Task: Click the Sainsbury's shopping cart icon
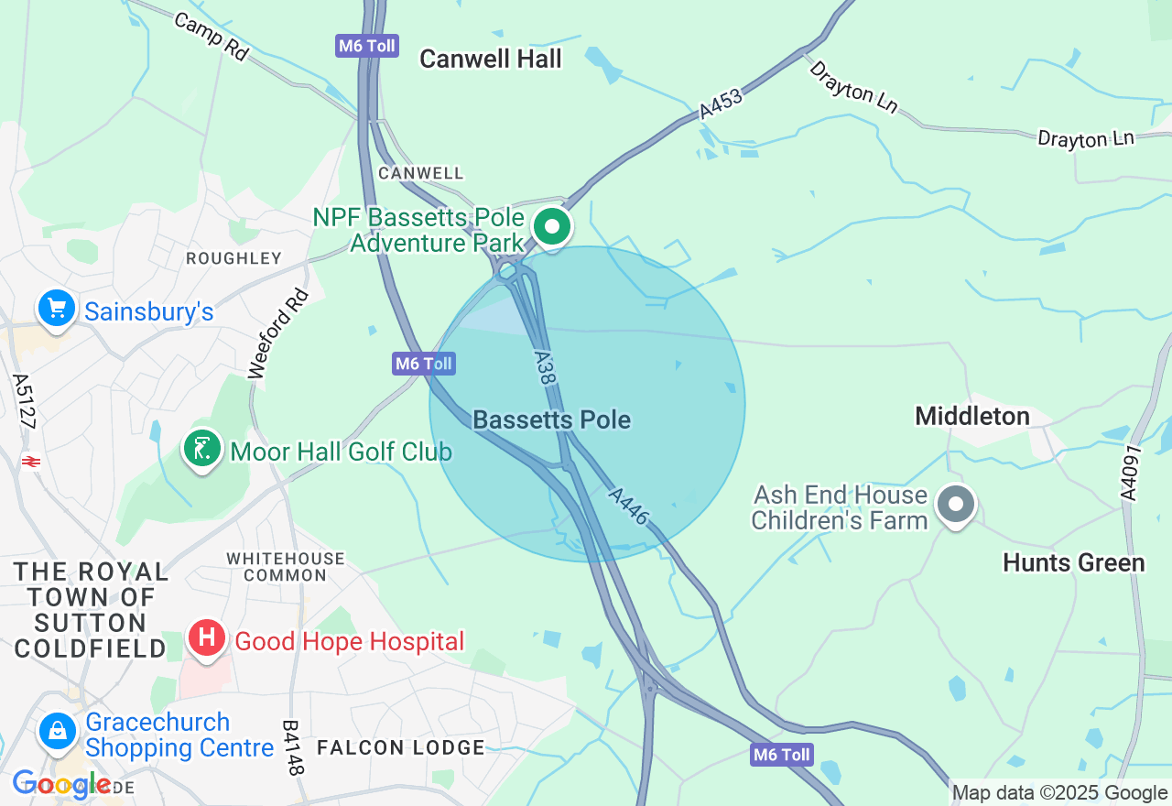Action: [x=57, y=309]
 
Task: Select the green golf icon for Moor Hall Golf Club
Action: [x=202, y=449]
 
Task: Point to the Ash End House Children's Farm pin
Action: [x=957, y=504]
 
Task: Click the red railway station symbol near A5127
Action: [x=30, y=462]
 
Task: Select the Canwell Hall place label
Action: [x=490, y=60]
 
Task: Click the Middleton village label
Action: [x=972, y=417]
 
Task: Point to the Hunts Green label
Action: [x=1073, y=562]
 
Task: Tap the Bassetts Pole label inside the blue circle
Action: [x=551, y=420]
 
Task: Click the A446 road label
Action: [x=629, y=506]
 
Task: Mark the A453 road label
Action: [x=721, y=103]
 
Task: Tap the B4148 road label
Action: [x=291, y=747]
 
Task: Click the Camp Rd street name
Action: [x=211, y=37]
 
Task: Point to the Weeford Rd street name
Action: [x=279, y=333]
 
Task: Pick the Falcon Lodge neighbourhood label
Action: [x=400, y=747]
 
